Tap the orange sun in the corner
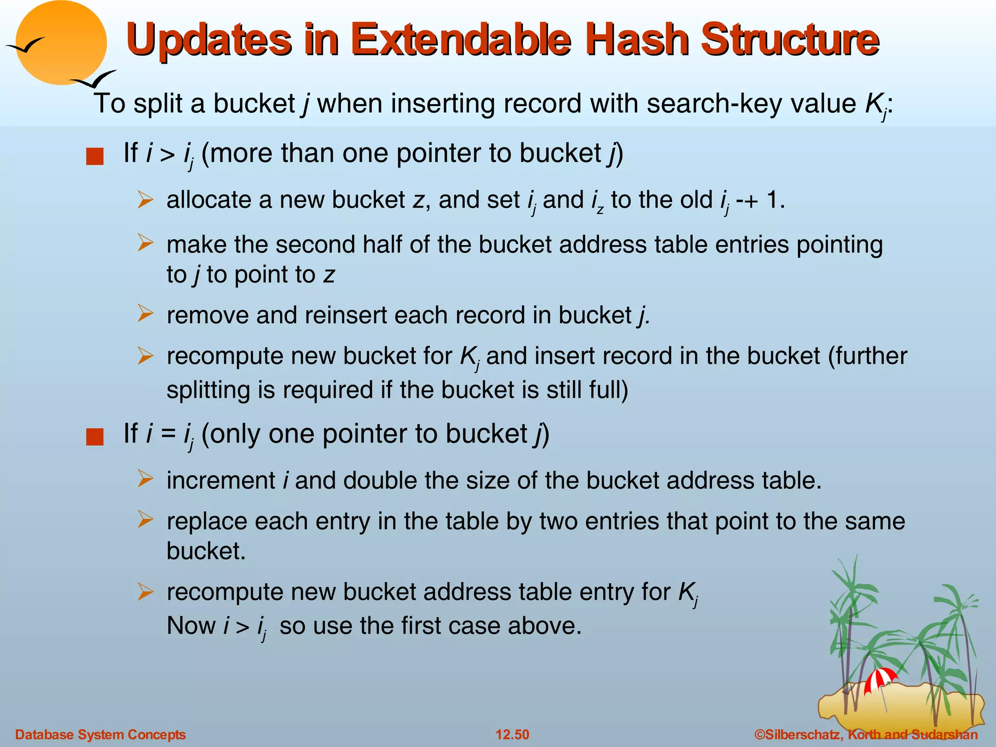click(61, 43)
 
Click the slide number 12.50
click(512, 734)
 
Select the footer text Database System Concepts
click(101, 734)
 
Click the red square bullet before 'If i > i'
click(95, 157)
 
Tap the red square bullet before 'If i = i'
click(95, 437)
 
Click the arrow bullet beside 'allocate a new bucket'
click(145, 200)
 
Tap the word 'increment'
click(221, 480)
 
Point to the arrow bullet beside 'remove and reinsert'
click(145, 314)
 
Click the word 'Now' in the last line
click(191, 625)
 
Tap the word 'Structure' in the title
click(789, 40)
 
